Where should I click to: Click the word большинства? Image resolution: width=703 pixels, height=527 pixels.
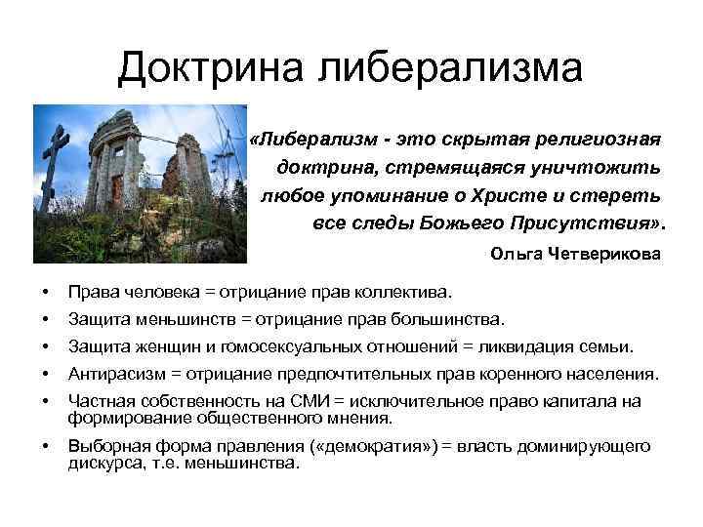[x=449, y=318]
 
